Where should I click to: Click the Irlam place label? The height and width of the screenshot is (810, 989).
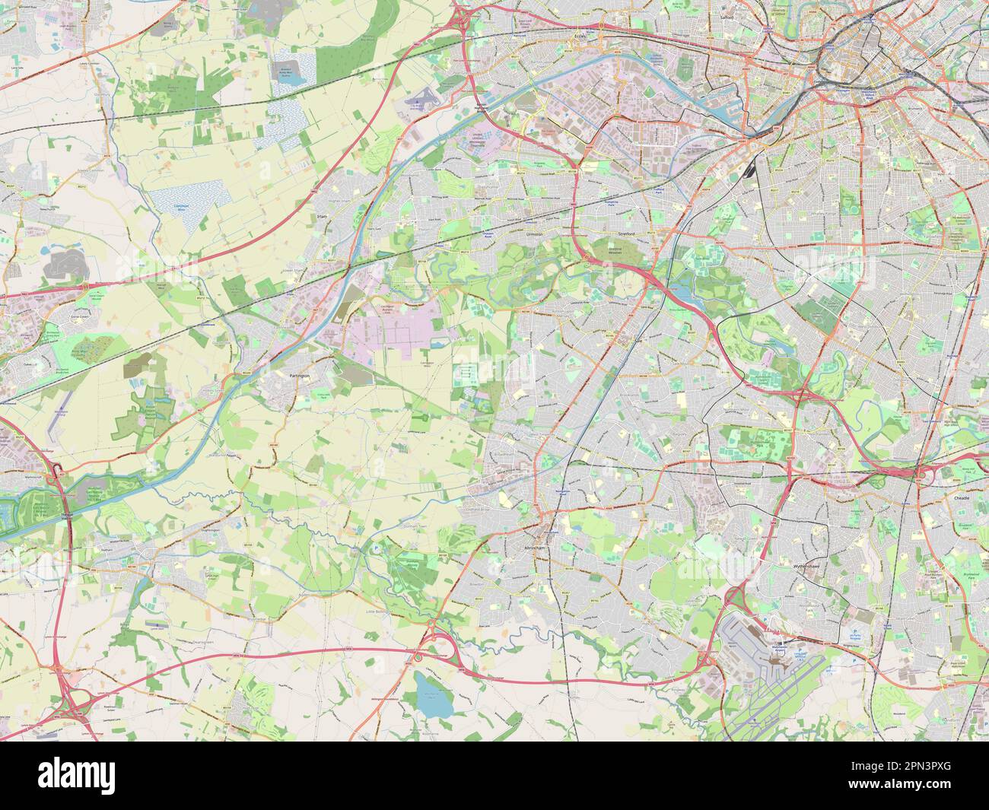click(x=320, y=216)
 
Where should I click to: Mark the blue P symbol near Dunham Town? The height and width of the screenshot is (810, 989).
click(x=375, y=548)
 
